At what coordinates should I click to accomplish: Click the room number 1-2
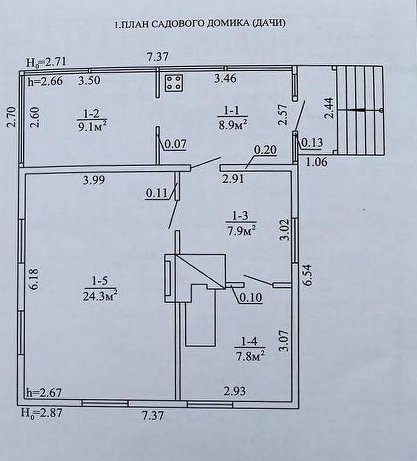pos(91,113)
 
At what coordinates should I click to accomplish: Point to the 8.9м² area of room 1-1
pos(232,124)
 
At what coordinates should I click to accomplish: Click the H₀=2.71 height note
pos(46,62)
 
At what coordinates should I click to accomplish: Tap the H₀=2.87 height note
pos(41,413)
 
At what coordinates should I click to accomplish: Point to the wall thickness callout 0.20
pos(265,150)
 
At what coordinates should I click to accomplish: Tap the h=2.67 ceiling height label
pos(44,393)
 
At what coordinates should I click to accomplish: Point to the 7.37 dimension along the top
pos(157,57)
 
